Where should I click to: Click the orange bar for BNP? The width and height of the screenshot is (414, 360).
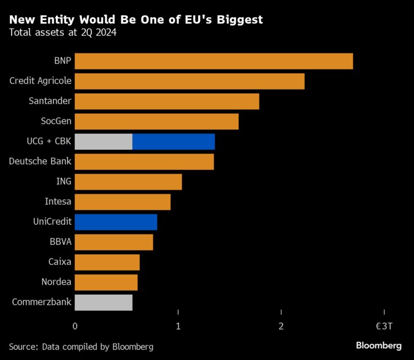pos(214,61)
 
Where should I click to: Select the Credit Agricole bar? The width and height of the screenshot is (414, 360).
pos(189,81)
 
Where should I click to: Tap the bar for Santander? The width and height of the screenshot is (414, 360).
pos(167,101)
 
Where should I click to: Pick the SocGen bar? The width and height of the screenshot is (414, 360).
pos(156,121)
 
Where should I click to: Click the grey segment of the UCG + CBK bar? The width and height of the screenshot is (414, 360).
pos(103,141)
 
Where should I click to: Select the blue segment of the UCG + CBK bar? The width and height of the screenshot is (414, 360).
pos(174,141)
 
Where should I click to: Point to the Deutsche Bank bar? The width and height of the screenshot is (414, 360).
pos(144,161)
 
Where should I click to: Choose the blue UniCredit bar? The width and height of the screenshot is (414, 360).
pos(116,222)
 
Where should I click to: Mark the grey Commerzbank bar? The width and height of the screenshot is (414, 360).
pos(103,302)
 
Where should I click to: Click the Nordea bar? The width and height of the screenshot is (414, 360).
pos(106,282)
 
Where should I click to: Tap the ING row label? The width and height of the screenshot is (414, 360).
pos(63,182)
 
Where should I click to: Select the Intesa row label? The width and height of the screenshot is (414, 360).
pos(58,202)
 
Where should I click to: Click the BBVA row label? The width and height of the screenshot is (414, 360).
pos(60,242)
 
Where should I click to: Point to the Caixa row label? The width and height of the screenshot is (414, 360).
pos(60,262)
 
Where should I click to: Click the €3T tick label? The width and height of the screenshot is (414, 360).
pos(384,326)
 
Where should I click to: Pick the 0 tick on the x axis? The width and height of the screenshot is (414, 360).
pos(75,326)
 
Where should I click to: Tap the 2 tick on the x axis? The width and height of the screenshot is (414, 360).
pos(281,326)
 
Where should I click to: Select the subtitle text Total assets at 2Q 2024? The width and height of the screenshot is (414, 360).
pos(63,32)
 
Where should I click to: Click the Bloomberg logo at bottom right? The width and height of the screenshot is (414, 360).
pos(379,345)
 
